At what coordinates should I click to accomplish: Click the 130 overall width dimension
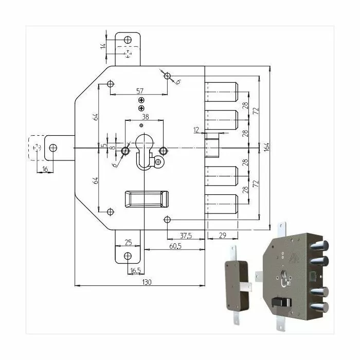[147, 282]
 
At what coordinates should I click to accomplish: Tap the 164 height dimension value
[266, 147]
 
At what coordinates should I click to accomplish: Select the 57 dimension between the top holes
[140, 91]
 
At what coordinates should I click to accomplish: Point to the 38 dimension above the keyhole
[146, 117]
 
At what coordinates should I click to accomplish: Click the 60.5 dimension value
[175, 246]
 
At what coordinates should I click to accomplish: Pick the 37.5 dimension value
[186, 236]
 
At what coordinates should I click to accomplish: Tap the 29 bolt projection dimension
[223, 235]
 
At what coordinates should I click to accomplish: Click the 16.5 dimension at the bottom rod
[135, 271]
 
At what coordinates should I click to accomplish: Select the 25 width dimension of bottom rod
[128, 242]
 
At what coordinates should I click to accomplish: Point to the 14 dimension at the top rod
[103, 46]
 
